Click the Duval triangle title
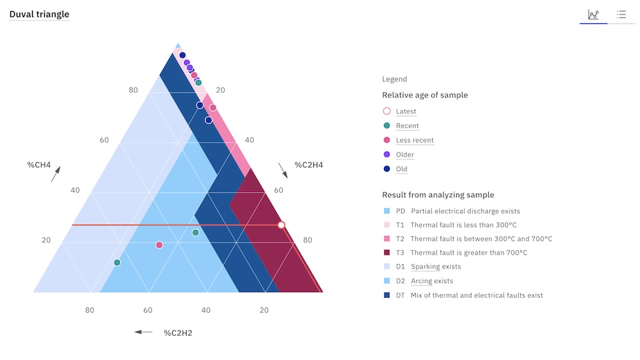39,14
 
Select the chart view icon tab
593,15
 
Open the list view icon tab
621,15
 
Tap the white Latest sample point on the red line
281,225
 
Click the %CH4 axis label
39,165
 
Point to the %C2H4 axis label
309,165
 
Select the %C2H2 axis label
178,333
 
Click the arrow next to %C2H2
143,332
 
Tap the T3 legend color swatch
387,253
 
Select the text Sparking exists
436,267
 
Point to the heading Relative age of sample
425,95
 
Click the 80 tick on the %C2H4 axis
307,240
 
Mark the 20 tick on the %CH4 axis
46,240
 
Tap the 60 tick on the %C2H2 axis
148,310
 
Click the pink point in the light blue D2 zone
159,245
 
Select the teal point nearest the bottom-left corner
117,263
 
